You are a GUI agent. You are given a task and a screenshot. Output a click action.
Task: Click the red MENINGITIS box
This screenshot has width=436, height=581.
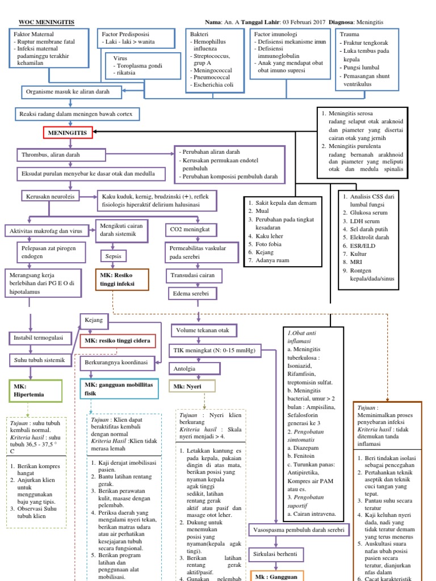[68, 133]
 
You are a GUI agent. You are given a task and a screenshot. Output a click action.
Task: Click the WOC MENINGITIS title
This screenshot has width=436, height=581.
[46, 22]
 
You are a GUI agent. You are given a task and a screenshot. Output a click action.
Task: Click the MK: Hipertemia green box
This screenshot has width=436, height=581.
[35, 390]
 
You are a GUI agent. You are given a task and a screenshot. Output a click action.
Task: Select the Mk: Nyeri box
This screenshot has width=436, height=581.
[192, 387]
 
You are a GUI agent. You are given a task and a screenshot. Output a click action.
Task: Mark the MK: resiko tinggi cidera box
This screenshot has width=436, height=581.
[118, 340]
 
